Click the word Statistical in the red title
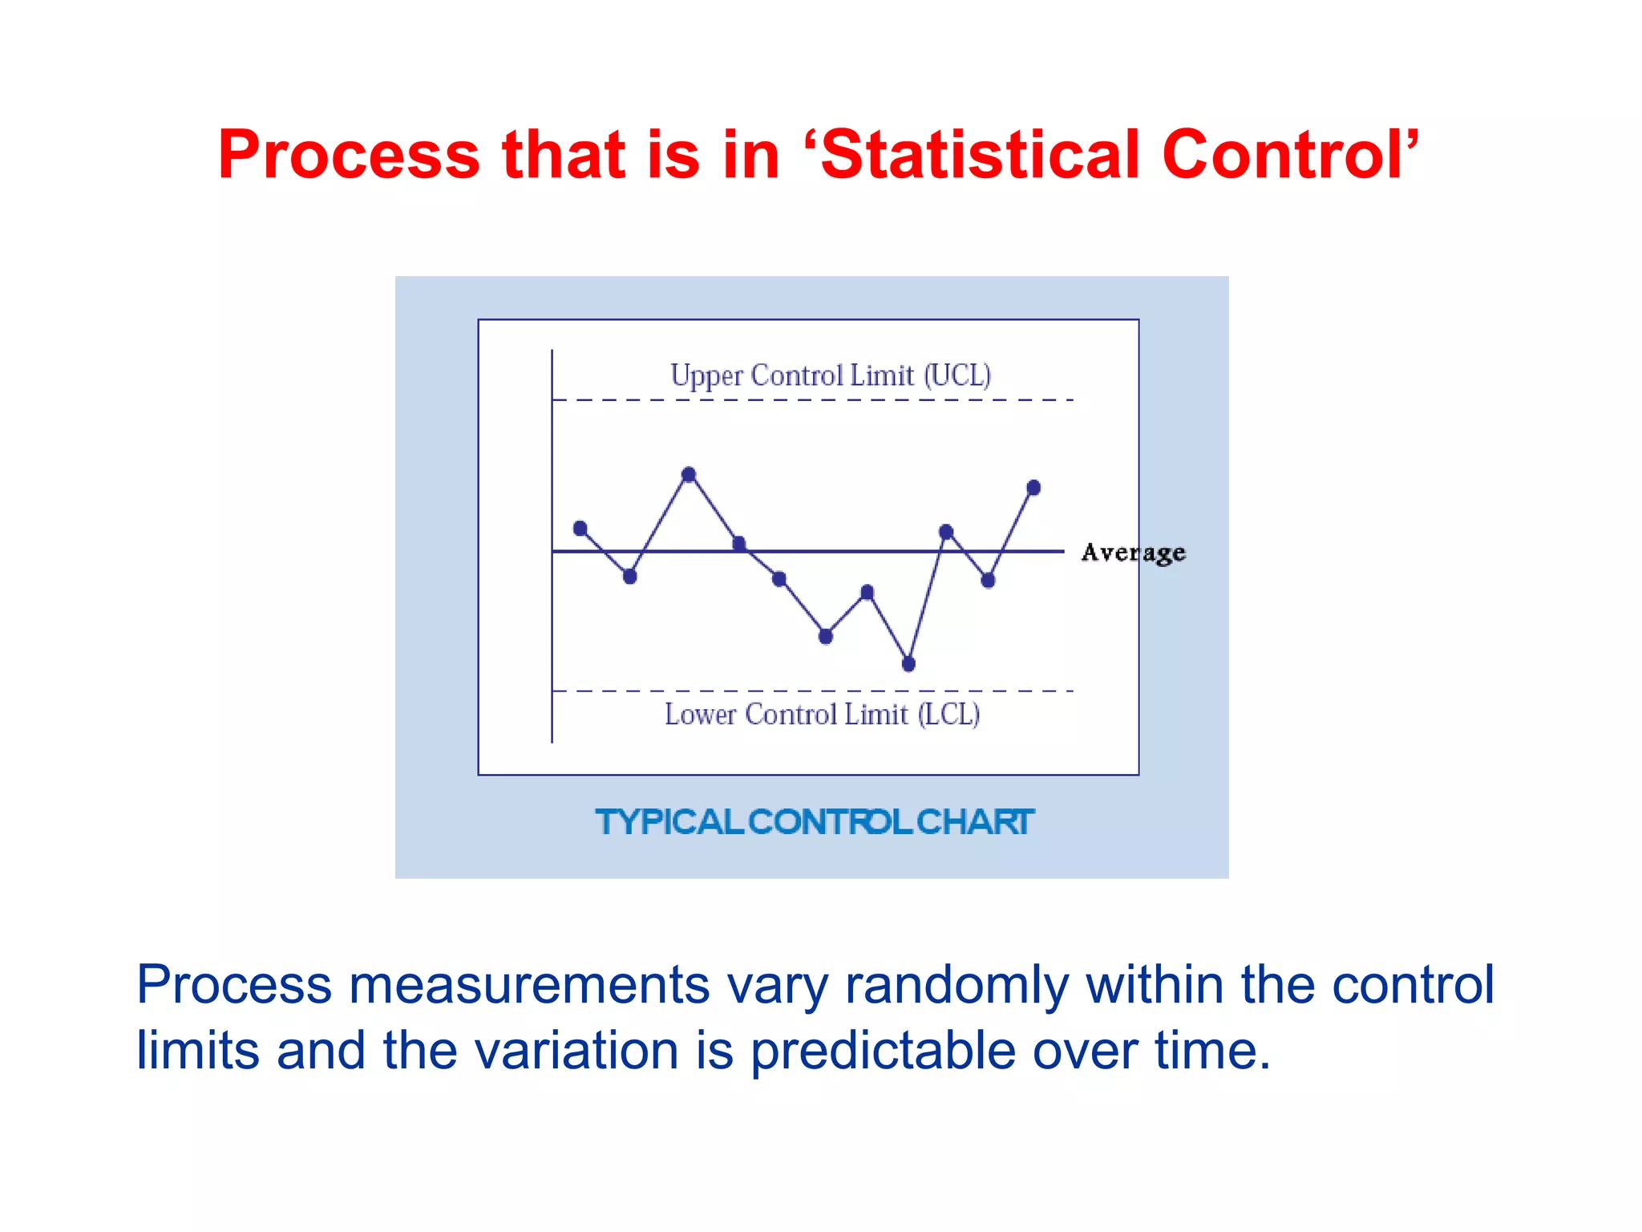pyautogui.click(x=980, y=154)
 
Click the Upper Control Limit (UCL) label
pyautogui.click(x=831, y=375)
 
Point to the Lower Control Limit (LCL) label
pyautogui.click(x=822, y=714)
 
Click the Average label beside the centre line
pyautogui.click(x=1133, y=553)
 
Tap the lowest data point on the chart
pyautogui.click(x=908, y=663)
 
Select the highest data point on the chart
pyautogui.click(x=689, y=474)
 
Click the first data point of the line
pyautogui.click(x=580, y=528)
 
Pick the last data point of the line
pyautogui.click(x=1033, y=487)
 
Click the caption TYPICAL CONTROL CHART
pyautogui.click(x=814, y=822)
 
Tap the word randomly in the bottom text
pyautogui.click(x=956, y=985)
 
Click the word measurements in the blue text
pyautogui.click(x=529, y=985)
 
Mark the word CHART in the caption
pyautogui.click(x=974, y=822)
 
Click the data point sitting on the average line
pyautogui.click(x=739, y=544)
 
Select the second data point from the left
pyautogui.click(x=629, y=576)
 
